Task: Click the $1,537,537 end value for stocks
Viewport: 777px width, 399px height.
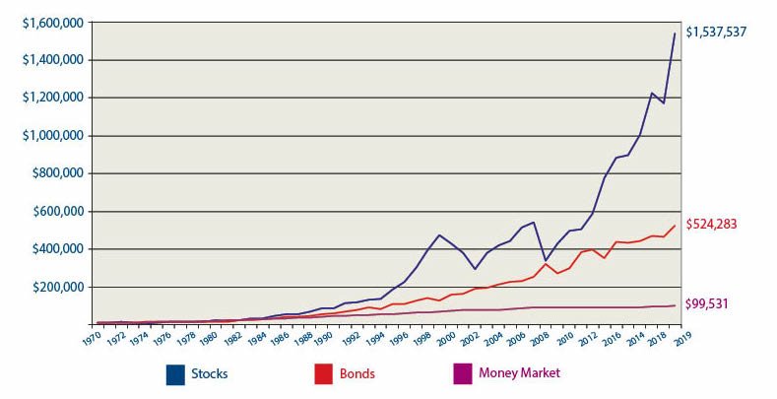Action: click(x=716, y=33)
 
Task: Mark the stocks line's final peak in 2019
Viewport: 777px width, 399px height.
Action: click(x=675, y=33)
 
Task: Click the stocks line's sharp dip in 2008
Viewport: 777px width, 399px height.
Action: click(x=545, y=260)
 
